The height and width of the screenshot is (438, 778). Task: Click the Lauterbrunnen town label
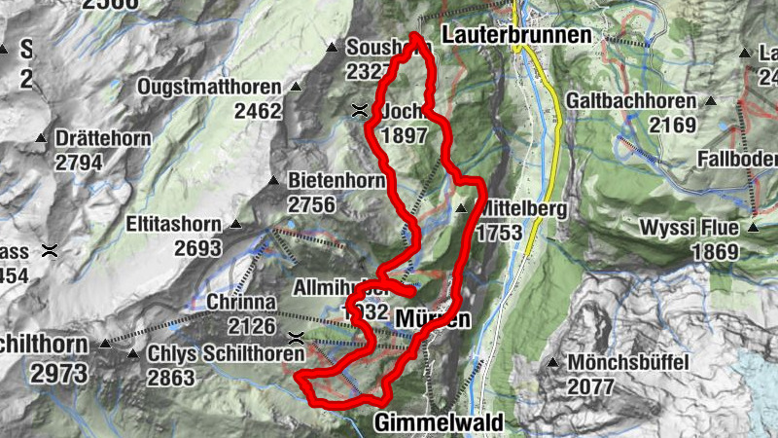click(x=516, y=35)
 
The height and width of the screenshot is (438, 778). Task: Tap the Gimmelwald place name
click(x=439, y=423)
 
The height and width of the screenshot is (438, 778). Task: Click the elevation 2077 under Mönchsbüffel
click(x=589, y=386)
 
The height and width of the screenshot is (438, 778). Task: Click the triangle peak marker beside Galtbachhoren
click(x=711, y=100)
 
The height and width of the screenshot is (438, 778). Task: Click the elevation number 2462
click(x=257, y=110)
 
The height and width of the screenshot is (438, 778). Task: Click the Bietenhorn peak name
click(x=336, y=181)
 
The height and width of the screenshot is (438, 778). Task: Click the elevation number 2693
click(x=198, y=247)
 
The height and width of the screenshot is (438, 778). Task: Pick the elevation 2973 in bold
click(x=59, y=373)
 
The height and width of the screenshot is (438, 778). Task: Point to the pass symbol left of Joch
click(x=360, y=111)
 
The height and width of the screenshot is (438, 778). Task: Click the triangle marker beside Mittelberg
click(x=461, y=208)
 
